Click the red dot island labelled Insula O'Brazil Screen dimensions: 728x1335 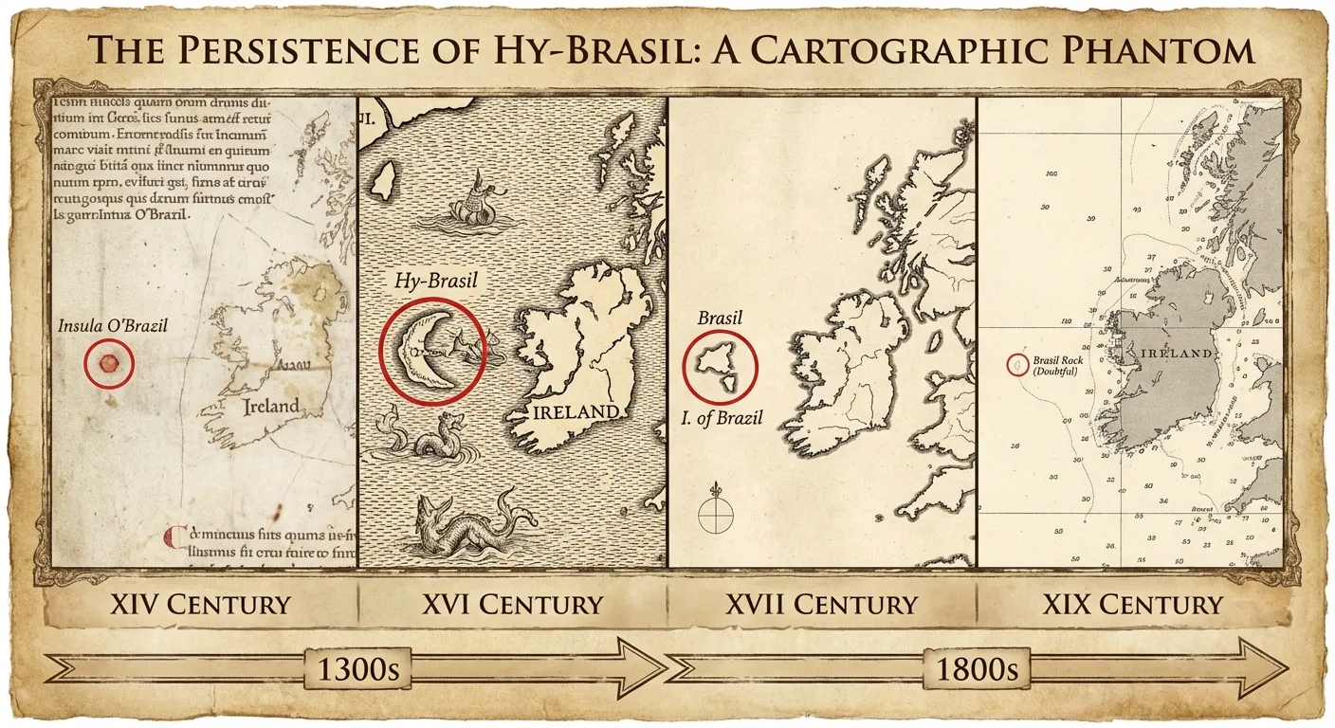point(107,363)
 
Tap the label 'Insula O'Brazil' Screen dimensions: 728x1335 point(113,326)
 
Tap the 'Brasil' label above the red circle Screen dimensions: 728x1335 point(720,318)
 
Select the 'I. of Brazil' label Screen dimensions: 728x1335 point(721,417)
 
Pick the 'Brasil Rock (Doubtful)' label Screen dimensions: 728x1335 point(1057,365)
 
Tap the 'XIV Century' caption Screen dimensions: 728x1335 point(200,604)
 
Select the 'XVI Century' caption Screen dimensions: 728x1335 point(512,604)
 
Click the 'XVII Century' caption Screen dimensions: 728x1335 point(822,604)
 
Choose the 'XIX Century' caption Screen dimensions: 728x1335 point(1132,604)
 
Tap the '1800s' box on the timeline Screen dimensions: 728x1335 point(978,669)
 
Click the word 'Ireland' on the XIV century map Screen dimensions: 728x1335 point(270,407)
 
